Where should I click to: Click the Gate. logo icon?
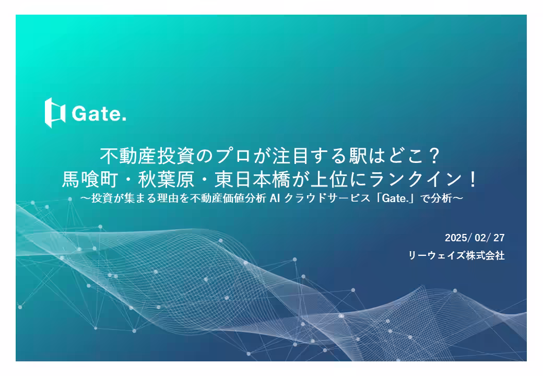click(x=55, y=112)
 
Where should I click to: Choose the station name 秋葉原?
click(x=166, y=180)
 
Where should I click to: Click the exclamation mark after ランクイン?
click(x=473, y=180)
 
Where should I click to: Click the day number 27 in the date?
click(x=499, y=238)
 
